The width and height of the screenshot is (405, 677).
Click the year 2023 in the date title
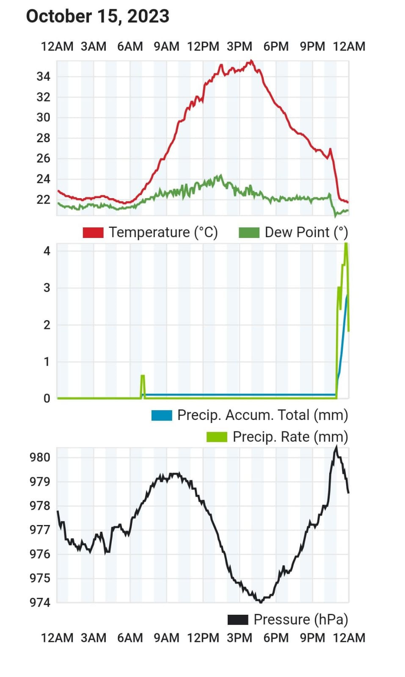click(x=148, y=16)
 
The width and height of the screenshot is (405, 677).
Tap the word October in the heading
click(x=59, y=16)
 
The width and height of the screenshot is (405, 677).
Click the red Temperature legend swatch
click(x=93, y=232)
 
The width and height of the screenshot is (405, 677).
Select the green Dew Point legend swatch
click(x=249, y=232)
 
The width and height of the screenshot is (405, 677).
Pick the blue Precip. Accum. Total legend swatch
click(x=162, y=415)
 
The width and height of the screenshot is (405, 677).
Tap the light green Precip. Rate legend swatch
click(x=217, y=437)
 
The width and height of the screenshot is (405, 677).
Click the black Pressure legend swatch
click(x=238, y=619)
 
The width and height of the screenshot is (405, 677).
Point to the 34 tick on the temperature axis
click(x=43, y=77)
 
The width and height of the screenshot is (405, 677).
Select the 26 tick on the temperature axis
click(x=43, y=158)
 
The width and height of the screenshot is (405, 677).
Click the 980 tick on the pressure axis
click(x=40, y=457)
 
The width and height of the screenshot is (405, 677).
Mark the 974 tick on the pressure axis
click(x=40, y=602)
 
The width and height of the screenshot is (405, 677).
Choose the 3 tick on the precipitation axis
click(x=47, y=288)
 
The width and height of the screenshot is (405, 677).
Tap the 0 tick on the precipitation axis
click(x=47, y=398)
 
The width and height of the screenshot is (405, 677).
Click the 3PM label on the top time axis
click(x=240, y=46)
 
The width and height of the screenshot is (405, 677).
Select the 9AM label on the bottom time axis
click(x=166, y=638)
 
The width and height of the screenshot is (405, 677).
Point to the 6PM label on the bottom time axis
click(x=276, y=638)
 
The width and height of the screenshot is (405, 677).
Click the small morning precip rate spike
click(x=143, y=376)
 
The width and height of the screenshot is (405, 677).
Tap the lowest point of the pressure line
click(x=260, y=601)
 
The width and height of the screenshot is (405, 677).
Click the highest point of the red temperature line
click(x=251, y=61)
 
